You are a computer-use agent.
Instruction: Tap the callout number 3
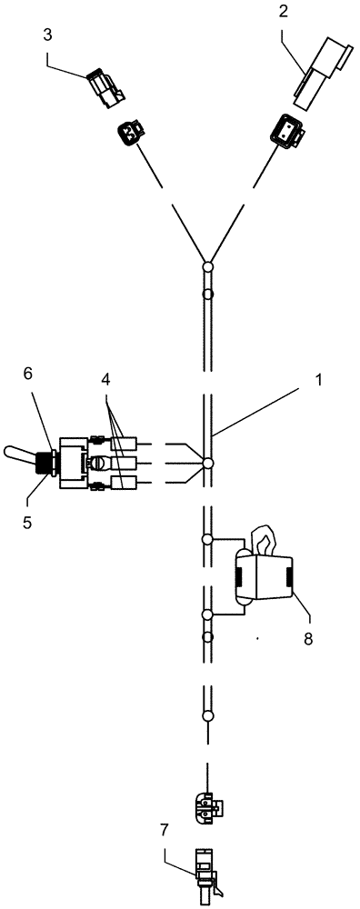[x=48, y=36]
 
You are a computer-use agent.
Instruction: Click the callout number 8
[x=308, y=638]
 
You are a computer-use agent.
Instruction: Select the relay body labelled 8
[x=264, y=578]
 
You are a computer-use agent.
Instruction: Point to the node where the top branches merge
[x=207, y=267]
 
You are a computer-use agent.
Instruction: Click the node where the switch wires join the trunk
[x=207, y=464]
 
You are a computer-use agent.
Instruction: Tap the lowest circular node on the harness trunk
[x=207, y=716]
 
